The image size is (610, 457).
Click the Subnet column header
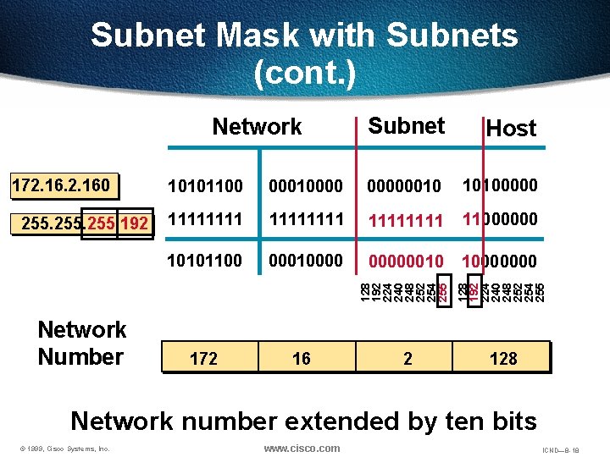[407, 126]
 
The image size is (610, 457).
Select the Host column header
[511, 129]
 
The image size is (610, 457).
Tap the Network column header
[257, 127]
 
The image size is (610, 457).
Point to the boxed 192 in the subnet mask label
[133, 224]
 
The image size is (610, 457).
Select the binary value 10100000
[500, 184]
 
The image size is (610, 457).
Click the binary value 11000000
[500, 219]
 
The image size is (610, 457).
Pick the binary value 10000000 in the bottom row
[500, 260]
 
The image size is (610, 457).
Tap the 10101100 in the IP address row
[206, 185]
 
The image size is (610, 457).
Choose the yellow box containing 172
[203, 358]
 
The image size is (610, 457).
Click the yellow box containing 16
[301, 358]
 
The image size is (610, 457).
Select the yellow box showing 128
[502, 358]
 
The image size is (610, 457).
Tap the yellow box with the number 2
[407, 358]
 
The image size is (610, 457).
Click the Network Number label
[81, 343]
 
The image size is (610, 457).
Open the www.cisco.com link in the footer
[302, 449]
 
